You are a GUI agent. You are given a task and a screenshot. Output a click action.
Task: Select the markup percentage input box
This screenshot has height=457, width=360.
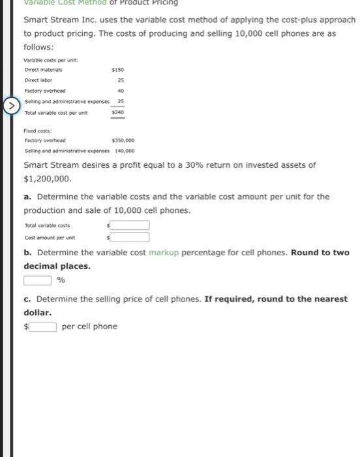coord(38,280)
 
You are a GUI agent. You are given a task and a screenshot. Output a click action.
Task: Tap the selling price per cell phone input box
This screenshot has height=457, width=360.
coord(42,326)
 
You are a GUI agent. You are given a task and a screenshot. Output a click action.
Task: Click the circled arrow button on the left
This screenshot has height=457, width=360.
coord(11,104)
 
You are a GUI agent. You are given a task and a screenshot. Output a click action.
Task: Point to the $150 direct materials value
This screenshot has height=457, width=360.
coord(118,69)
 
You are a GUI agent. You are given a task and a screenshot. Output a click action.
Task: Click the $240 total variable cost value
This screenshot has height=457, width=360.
coord(118,112)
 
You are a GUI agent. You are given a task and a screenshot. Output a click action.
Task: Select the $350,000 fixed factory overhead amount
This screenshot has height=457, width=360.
coord(124,140)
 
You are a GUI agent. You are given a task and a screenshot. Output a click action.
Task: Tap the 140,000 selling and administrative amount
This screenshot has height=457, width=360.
coord(125,150)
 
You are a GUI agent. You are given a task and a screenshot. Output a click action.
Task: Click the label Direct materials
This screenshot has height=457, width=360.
coord(43,69)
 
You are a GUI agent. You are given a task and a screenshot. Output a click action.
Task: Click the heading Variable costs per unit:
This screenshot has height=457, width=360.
coord(51,60)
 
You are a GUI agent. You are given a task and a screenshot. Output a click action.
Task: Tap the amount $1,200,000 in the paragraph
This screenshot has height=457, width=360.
coord(47,178)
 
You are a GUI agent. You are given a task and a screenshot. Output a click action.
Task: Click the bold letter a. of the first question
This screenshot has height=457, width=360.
coord(28,197)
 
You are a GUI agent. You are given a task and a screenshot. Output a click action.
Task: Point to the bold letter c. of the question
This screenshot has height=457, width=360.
coord(28,299)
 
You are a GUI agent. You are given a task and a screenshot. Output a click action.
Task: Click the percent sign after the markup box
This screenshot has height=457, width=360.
coord(61,281)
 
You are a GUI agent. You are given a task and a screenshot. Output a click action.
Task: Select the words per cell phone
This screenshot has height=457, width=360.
coord(89,326)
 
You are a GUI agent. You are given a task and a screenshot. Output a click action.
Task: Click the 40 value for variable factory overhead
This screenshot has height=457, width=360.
coord(121,91)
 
